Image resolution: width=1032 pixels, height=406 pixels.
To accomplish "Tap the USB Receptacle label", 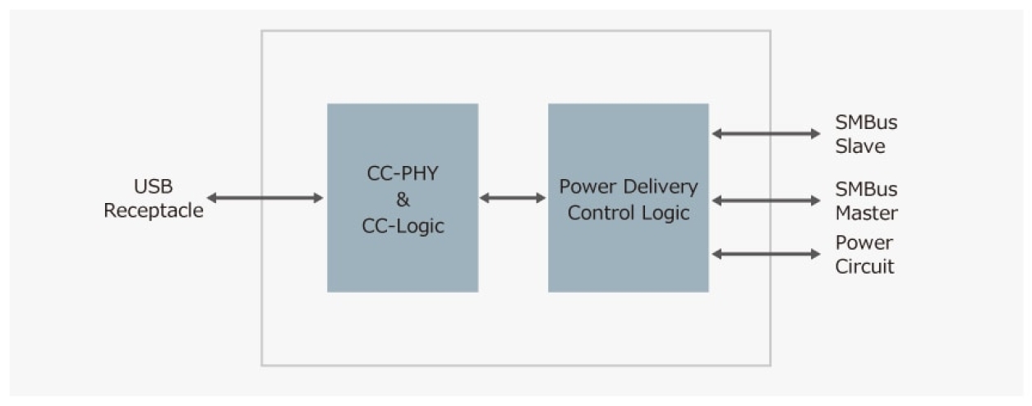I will click(x=153, y=198).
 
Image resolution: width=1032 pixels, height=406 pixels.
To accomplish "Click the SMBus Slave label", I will click(x=865, y=134).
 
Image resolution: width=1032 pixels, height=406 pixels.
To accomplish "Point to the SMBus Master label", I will click(x=866, y=201).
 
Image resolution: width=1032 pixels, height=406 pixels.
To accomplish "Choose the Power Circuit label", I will click(x=864, y=255).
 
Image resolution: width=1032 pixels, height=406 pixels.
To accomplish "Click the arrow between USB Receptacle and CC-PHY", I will click(x=265, y=197).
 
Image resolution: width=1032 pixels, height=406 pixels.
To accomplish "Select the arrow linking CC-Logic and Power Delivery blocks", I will click(x=513, y=197).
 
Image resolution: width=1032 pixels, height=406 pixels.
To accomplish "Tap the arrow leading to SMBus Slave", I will click(x=766, y=133).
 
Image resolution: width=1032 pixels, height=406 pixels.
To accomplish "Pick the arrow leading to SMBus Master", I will click(x=766, y=200).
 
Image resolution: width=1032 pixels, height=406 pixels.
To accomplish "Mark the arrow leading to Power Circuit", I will click(x=766, y=254).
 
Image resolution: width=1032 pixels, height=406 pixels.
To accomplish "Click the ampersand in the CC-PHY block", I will click(x=403, y=200).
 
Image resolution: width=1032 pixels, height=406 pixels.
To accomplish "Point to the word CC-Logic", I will click(x=403, y=226).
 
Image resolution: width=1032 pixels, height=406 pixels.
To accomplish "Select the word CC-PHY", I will click(x=403, y=173).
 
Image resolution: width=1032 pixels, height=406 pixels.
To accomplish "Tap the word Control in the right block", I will click(x=597, y=213).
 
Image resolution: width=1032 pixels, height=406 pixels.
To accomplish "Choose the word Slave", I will click(x=860, y=146).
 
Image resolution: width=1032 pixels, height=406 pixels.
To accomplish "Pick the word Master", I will click(x=866, y=213).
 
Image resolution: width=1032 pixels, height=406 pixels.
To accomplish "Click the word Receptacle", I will click(x=153, y=210).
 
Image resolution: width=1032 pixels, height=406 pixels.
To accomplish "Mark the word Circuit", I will click(x=864, y=267).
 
